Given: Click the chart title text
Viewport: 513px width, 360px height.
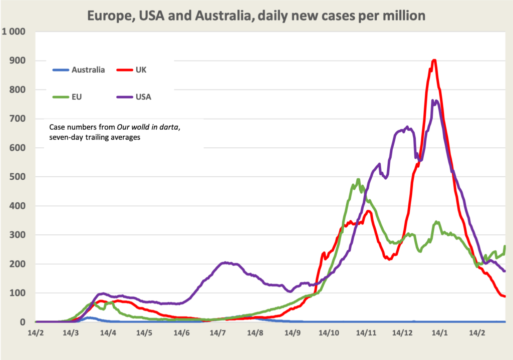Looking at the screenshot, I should click(x=256, y=16).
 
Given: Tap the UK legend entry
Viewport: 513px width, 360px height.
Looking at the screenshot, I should click(x=141, y=70).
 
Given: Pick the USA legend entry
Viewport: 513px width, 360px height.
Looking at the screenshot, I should click(x=143, y=97).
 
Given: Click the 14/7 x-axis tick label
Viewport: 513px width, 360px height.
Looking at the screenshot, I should click(x=217, y=332).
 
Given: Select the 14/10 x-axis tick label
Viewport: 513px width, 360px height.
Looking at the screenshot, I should click(x=330, y=332).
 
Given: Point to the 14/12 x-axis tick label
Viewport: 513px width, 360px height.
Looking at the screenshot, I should click(x=404, y=332).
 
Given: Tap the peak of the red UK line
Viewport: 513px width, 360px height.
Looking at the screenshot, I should click(x=434, y=61).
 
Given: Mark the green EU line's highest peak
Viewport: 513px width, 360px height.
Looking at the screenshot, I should click(x=358, y=179).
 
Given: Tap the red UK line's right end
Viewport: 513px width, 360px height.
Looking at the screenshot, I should click(x=504, y=296).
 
